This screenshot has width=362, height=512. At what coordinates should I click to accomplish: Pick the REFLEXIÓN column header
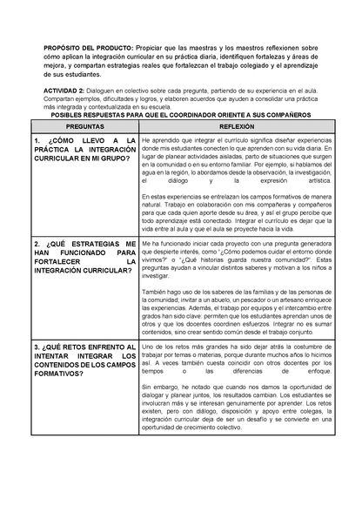pos(230,126)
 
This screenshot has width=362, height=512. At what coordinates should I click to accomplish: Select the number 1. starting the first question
pos(37,140)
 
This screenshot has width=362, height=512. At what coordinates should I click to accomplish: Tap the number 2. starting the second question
pos(37,244)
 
